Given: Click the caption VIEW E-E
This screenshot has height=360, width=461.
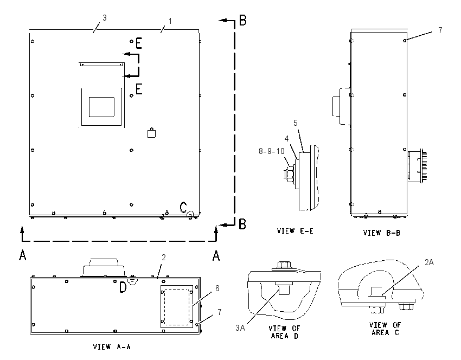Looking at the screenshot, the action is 295,231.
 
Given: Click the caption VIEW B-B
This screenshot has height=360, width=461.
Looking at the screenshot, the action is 382,233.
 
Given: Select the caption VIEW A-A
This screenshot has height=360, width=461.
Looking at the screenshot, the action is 112,347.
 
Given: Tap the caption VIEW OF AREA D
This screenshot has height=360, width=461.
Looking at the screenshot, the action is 284,332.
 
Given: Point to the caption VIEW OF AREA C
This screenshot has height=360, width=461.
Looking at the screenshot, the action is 385,329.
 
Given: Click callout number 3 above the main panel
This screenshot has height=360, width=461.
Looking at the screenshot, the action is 104,18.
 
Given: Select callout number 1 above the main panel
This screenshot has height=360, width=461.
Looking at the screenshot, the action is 170,21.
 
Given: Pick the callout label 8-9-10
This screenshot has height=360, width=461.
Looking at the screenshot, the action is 272,151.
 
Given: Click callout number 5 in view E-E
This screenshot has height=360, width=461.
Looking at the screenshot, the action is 296,123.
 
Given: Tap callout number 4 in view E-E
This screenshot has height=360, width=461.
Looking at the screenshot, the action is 286,139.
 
